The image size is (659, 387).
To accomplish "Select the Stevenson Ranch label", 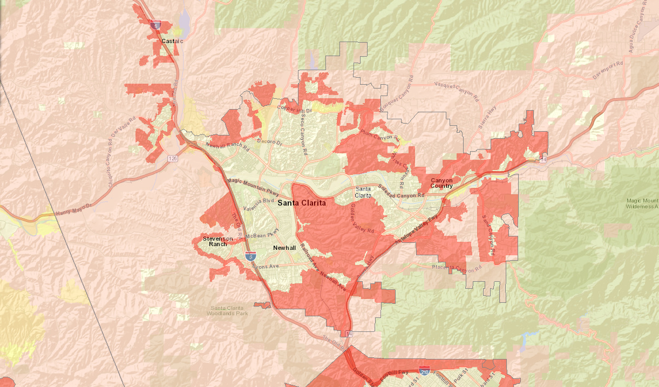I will coord(218,241).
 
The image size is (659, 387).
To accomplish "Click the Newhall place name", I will coord(284,247).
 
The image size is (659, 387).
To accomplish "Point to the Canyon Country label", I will coord(441,183).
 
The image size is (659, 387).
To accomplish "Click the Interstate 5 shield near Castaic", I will coord(156,25).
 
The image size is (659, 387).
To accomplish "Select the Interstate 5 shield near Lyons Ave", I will coord(250,256).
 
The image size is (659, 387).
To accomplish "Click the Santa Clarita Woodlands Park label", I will coord(230,310).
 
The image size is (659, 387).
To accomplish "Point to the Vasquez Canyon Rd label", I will coord(457,92).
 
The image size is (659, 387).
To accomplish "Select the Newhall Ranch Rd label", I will coord(227,146).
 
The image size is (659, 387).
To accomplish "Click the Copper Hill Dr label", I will coord(295,108).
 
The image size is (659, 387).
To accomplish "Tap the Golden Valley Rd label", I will coord(362,219).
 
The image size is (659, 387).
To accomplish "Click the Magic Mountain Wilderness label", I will coord(642,203).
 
